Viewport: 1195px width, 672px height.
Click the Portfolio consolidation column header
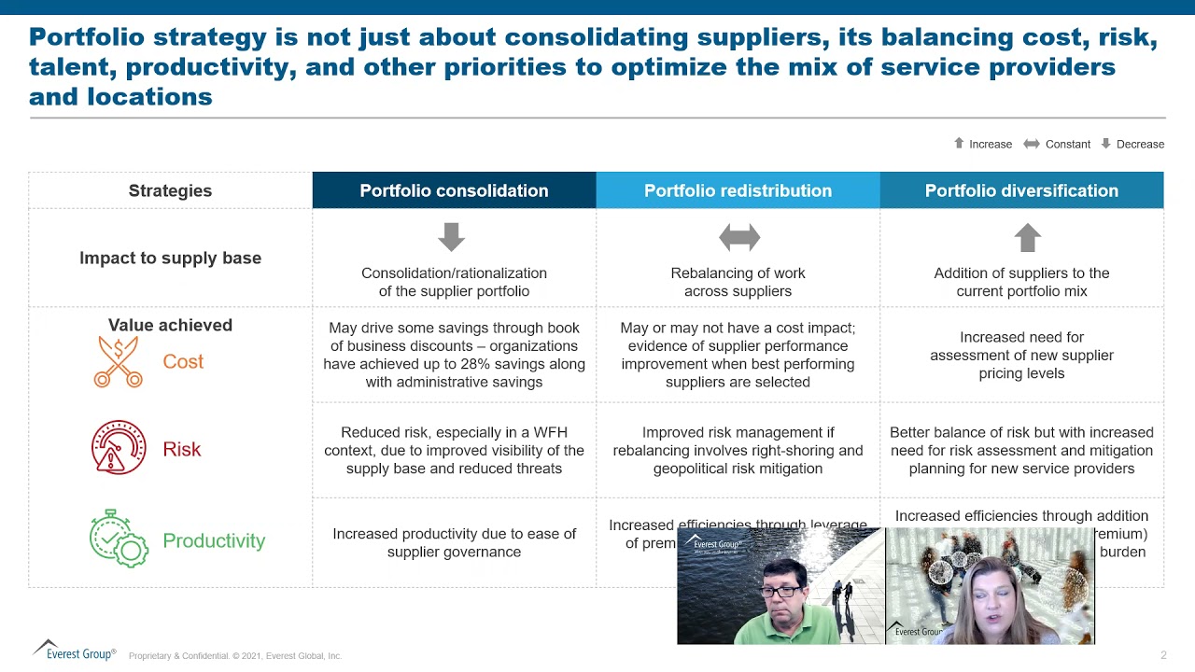pos(454,190)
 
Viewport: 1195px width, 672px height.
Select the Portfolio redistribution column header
pos(738,190)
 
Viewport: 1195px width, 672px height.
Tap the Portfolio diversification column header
pos(1021,190)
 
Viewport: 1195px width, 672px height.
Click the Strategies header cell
pos(170,190)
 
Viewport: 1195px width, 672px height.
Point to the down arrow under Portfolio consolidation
pos(451,237)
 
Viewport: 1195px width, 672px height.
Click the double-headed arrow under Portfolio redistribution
pos(739,238)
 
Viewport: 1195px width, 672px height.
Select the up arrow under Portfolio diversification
pos(1027,237)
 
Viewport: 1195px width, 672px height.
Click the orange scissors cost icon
pos(119,362)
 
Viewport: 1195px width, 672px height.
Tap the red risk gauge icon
pos(119,448)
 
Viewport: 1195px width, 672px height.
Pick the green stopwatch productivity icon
pos(118,539)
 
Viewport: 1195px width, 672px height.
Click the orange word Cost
pos(183,362)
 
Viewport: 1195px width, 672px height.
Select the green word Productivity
pos(214,540)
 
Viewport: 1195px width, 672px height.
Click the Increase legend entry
pos(983,144)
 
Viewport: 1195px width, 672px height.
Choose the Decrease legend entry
pos(1132,144)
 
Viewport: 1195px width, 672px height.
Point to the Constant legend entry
pos(1058,144)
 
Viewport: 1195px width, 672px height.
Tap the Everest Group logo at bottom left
pos(75,651)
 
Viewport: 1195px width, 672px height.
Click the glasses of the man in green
pos(780,592)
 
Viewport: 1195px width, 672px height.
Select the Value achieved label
pos(170,325)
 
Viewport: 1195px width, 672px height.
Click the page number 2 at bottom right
pos(1163,655)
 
